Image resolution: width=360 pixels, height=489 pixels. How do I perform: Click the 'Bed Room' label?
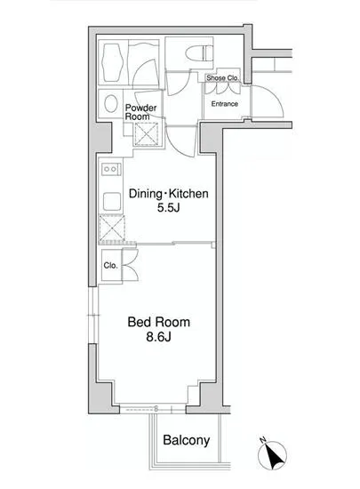158,322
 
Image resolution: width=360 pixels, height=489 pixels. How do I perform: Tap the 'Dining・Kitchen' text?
169,194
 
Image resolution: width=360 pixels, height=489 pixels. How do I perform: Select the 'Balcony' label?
186,440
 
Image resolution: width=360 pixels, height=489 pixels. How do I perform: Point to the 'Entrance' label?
224,104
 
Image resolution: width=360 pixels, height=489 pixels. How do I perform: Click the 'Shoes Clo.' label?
222,77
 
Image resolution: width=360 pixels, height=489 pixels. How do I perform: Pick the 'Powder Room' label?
140,112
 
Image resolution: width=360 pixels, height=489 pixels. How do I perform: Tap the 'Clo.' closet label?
110,266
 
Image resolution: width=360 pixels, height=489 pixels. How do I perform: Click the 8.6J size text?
158,337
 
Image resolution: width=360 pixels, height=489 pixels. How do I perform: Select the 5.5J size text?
168,208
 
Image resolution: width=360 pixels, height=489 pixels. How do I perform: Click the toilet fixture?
199,53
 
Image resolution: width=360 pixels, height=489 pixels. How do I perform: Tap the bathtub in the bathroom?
112,62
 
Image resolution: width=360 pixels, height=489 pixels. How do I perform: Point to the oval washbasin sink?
110,103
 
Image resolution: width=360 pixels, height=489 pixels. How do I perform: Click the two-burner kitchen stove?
111,169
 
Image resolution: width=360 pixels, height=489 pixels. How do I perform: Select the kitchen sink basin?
112,202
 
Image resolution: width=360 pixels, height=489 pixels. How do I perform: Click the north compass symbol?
272,455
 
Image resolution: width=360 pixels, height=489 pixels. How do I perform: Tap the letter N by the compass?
262,440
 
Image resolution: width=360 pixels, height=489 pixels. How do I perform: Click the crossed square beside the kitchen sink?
112,228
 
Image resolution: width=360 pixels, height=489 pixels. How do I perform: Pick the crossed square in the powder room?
146,135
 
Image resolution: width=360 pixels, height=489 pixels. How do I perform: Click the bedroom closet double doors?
131,265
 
